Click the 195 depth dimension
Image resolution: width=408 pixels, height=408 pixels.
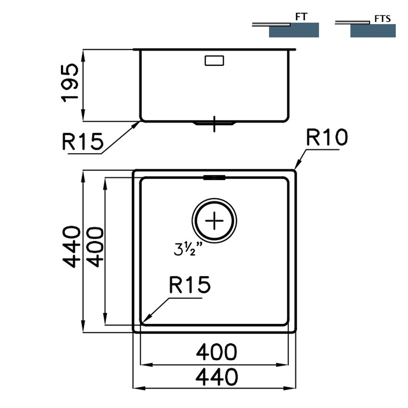(70, 83)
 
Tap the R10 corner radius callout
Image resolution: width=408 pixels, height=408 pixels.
(326, 137)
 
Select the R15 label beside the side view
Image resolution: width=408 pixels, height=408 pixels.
(83, 141)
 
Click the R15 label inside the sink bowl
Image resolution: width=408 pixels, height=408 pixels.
(190, 285)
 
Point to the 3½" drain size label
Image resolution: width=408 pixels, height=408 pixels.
(188, 249)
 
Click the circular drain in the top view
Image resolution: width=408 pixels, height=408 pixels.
(214, 221)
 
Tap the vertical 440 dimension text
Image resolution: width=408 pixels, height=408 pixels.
(72, 247)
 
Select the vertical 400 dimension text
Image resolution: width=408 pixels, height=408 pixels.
(95, 247)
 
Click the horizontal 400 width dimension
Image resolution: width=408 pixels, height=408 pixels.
(216, 352)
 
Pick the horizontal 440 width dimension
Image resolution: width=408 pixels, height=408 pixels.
(216, 377)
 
